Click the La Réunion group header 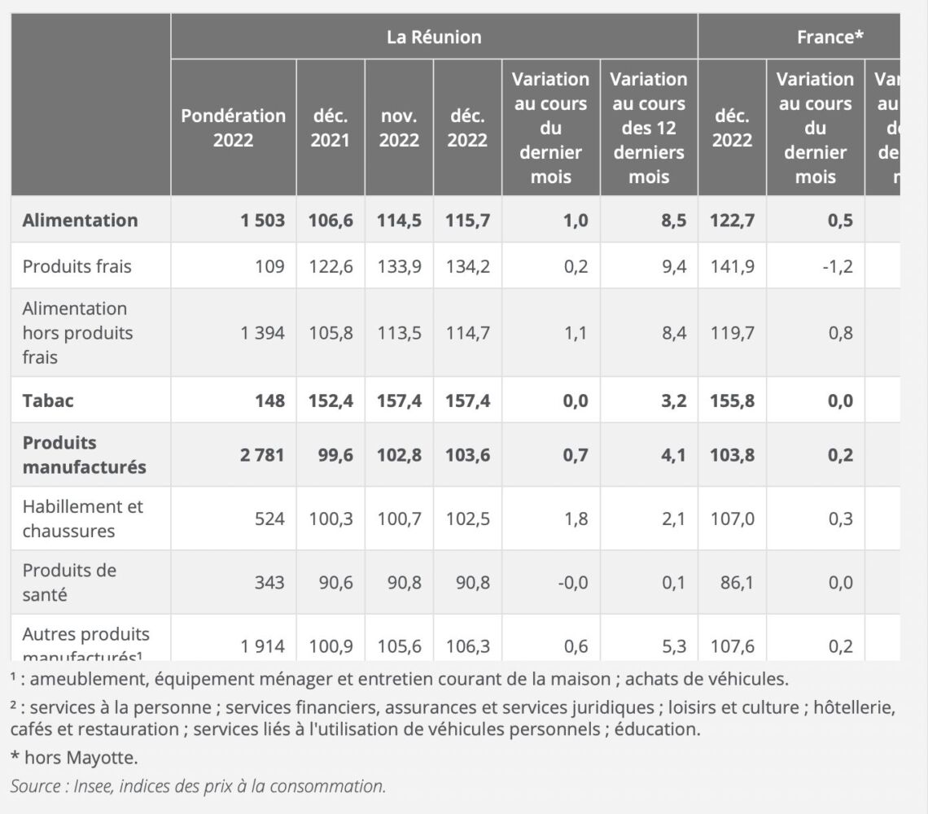434,37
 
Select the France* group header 830,37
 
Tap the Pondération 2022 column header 233,128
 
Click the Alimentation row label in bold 81,220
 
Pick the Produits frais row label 77,266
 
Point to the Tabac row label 48,400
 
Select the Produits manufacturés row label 84,455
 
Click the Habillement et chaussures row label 82,519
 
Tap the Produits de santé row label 69,582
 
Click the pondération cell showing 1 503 262,220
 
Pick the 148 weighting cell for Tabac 269,400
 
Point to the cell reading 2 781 262,455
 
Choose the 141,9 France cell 733,266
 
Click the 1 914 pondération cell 262,646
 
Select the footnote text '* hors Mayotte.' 74,758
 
